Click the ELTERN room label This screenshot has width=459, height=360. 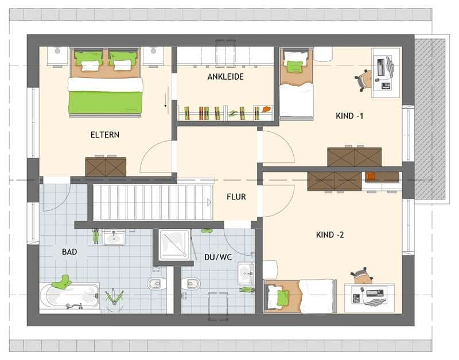tap(105, 135)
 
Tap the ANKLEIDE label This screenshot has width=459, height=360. tap(225, 77)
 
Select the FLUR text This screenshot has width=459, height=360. tap(236, 197)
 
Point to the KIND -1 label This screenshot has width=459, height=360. tap(349, 116)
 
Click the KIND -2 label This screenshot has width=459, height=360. tap(330, 235)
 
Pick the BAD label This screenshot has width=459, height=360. tap(69, 252)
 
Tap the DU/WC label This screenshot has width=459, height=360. tap(218, 257)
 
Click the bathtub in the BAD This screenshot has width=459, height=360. tap(69, 295)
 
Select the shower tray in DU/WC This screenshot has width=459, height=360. tap(174, 245)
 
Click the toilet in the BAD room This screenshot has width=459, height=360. tap(156, 283)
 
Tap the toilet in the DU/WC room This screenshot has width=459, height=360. tap(191, 283)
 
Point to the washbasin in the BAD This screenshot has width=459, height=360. tap(114, 237)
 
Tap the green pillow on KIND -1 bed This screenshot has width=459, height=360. tap(294, 66)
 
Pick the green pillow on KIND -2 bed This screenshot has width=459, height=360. tap(282, 298)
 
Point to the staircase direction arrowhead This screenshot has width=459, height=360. tap(209, 202)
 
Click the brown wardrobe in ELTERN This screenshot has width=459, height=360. tap(106, 167)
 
